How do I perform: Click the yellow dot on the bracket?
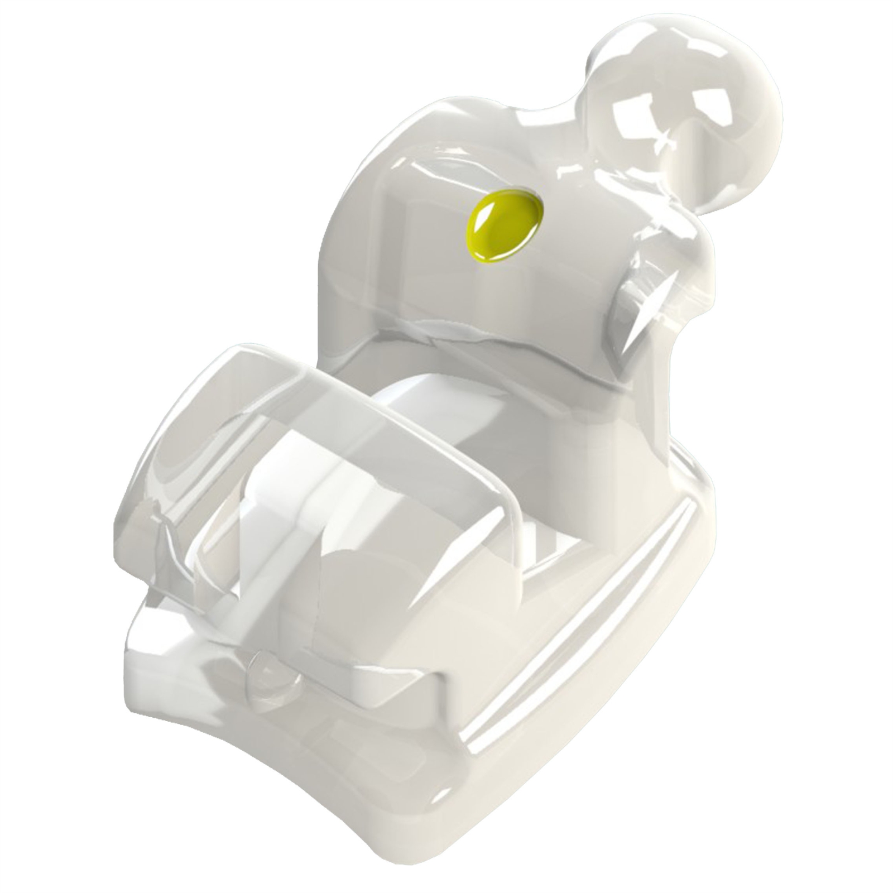[x=505, y=224]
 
